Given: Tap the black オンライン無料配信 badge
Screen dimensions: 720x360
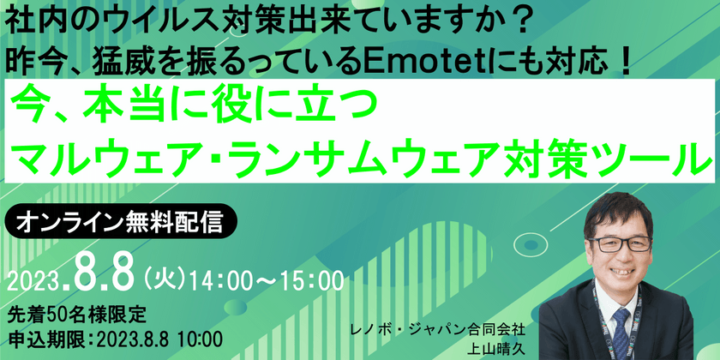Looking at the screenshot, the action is pyautogui.click(x=120, y=221).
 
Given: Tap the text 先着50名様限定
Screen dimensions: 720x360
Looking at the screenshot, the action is pyautogui.click(x=77, y=316).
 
